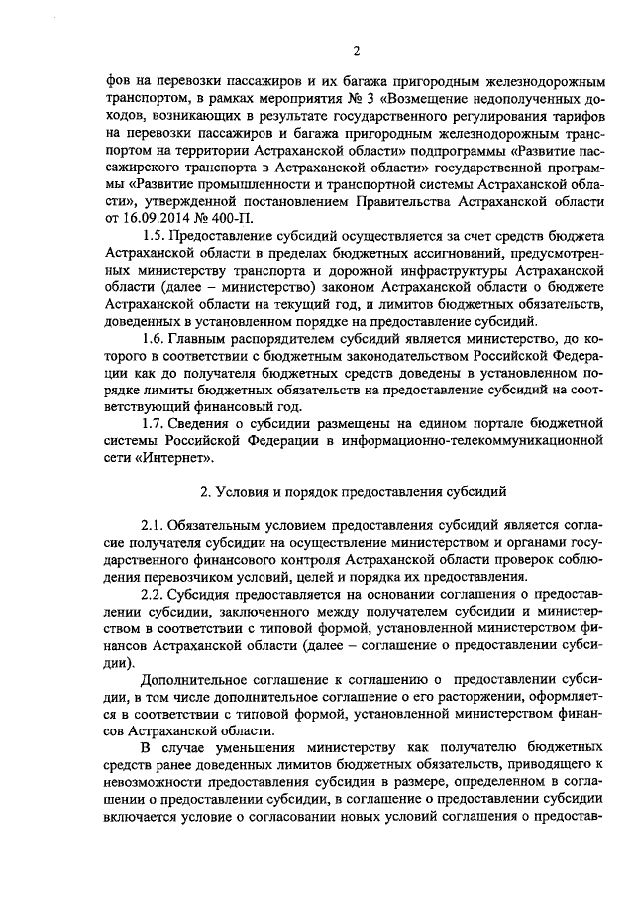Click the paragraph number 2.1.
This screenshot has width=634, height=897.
point(157,523)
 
